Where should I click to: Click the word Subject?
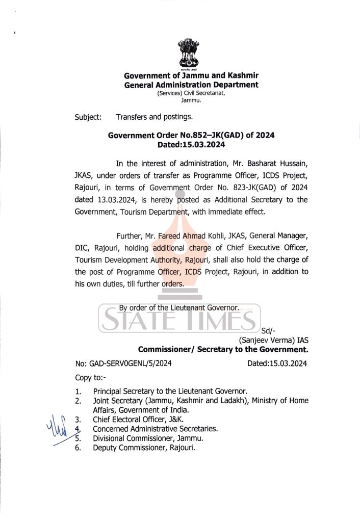tap(88, 117)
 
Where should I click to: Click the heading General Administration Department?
tap(191, 85)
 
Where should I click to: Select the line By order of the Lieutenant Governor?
tap(179, 308)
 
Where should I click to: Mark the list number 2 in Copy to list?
tap(78, 401)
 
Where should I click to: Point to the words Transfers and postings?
tap(154, 117)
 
